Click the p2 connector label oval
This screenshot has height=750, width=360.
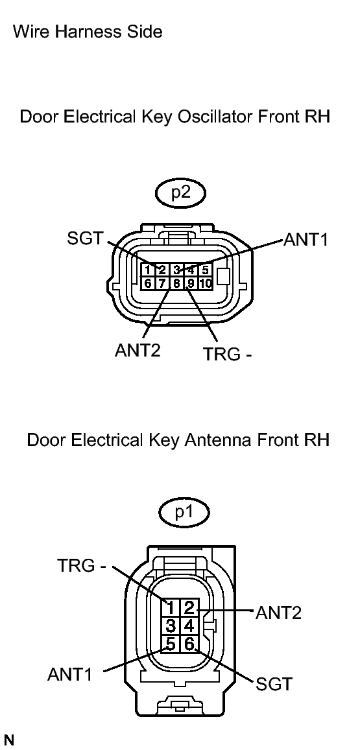click(180, 193)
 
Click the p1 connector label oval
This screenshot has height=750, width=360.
click(184, 513)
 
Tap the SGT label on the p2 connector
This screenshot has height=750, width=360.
click(85, 239)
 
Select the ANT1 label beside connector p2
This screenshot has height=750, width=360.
click(306, 240)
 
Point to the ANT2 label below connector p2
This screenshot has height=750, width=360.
click(137, 351)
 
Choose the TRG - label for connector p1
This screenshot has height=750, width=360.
click(81, 565)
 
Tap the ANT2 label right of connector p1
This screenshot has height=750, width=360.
click(278, 612)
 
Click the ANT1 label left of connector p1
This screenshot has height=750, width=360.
click(70, 674)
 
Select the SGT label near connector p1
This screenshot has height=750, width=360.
click(274, 683)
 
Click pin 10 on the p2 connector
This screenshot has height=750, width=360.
click(206, 283)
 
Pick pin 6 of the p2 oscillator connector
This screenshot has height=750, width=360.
click(148, 283)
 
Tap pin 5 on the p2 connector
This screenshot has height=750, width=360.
click(205, 270)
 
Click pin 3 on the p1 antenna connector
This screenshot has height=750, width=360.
click(171, 626)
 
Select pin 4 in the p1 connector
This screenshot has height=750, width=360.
click(189, 626)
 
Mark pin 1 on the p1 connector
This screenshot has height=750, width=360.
click(171, 607)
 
